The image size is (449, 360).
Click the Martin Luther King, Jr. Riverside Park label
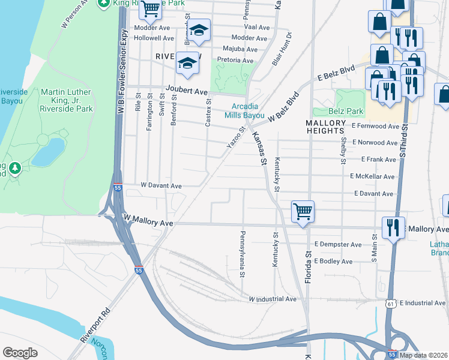pyautogui.click(x=67, y=100)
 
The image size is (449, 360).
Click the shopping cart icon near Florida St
pyautogui.click(x=303, y=212)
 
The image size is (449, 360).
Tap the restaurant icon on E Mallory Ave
pyautogui.click(x=393, y=228)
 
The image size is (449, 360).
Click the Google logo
pyautogui.click(x=20, y=352)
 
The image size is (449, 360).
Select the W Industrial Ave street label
pyautogui.click(x=273, y=299)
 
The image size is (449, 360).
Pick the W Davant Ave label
pyautogui.click(x=160, y=186)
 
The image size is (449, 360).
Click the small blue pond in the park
pyautogui.click(x=48, y=152)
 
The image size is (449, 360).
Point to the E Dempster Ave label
pyautogui.click(x=338, y=245)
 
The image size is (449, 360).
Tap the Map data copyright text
pyautogui.click(x=423, y=355)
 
